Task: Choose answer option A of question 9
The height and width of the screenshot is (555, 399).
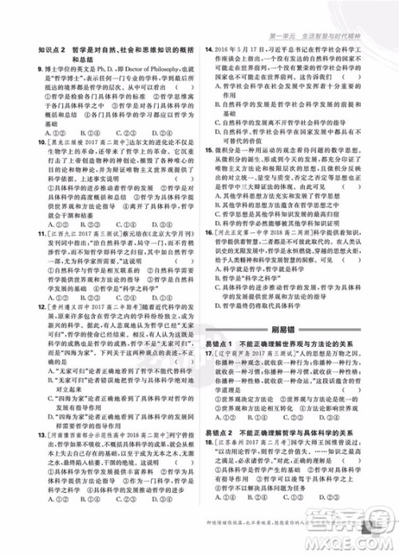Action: (x=40, y=132)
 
